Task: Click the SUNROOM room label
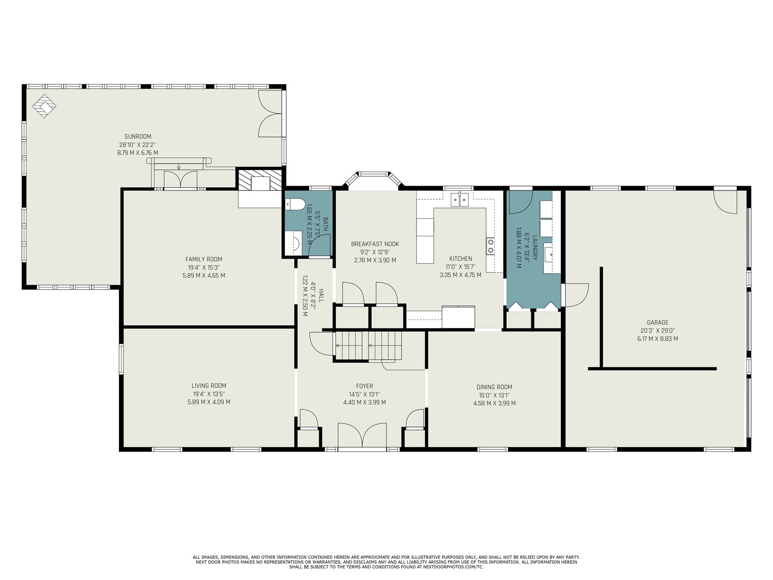[x=138, y=136]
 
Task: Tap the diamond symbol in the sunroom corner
[x=44, y=106]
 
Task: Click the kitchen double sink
[x=460, y=200]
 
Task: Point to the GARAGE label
[x=658, y=322]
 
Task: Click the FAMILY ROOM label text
[x=204, y=259]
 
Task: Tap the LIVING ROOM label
[x=209, y=386]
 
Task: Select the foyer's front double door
[x=362, y=435]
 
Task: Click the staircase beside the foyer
[x=368, y=346]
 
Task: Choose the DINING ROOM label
[x=494, y=387]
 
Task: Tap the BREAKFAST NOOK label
[x=375, y=244]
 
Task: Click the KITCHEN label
[x=460, y=259]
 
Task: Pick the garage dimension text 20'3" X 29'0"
[x=658, y=331]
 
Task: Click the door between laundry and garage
[x=575, y=295]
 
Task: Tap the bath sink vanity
[x=293, y=243]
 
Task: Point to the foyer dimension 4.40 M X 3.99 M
[x=364, y=402]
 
